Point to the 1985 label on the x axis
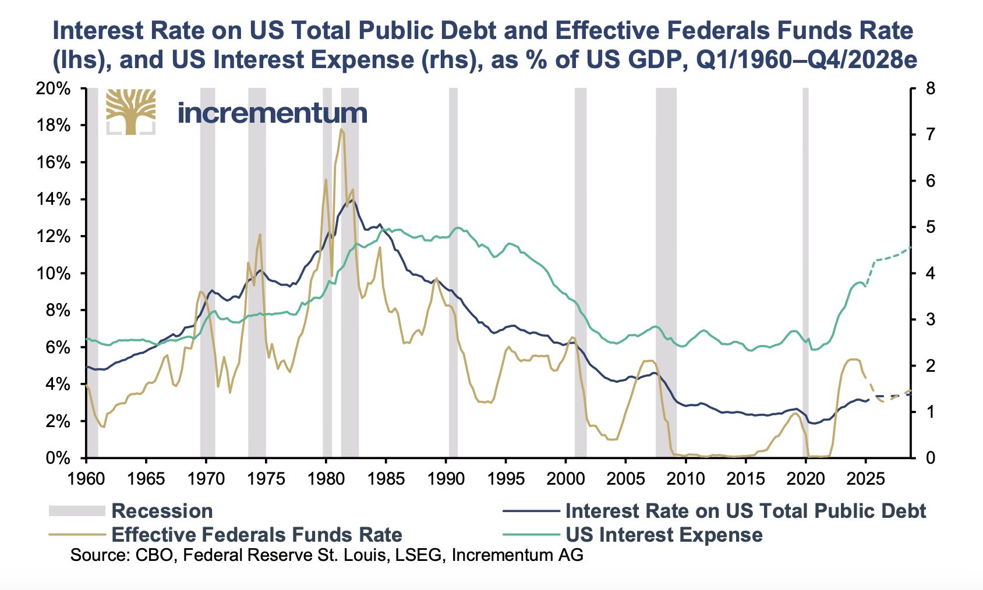pos(386,479)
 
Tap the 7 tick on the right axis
pos(930,135)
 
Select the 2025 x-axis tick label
pos(865,479)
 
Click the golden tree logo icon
pos(131,112)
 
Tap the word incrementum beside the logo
pos(272,113)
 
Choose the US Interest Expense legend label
pos(664,535)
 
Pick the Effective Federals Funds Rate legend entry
pos(256,535)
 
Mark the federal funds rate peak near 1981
pos(341,129)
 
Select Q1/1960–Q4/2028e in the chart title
pos(806,61)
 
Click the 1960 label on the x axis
pos(86,479)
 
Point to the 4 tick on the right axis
pos(930,273)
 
